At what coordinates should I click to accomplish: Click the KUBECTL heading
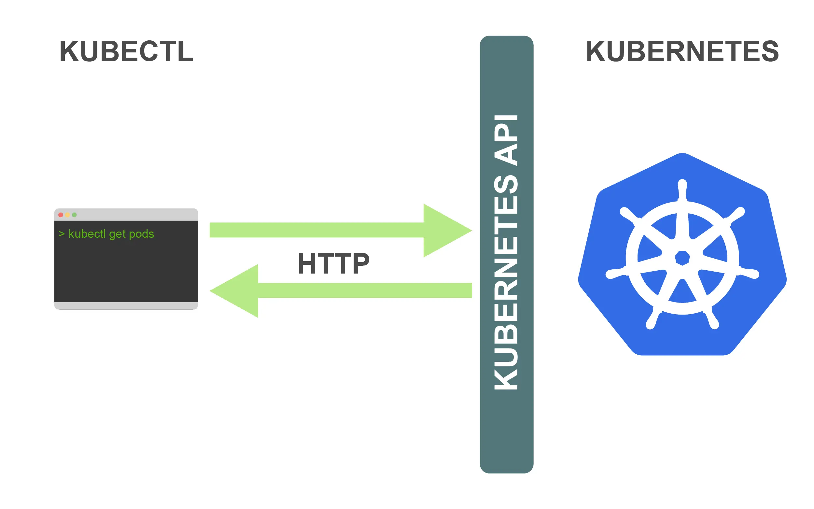(126, 51)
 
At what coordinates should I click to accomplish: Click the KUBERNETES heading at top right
(682, 51)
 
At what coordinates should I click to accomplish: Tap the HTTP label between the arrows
(333, 263)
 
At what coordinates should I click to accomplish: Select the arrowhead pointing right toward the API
(444, 230)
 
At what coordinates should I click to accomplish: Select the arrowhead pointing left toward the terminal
(237, 290)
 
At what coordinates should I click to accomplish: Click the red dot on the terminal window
(61, 215)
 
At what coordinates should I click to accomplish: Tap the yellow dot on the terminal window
(68, 215)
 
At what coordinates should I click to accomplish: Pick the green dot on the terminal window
(74, 215)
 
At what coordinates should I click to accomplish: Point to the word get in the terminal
(117, 234)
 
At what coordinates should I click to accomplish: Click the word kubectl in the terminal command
(87, 233)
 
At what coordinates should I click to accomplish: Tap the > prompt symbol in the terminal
(62, 233)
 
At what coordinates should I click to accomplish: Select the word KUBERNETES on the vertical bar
(506, 283)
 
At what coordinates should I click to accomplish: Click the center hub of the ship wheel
(682, 258)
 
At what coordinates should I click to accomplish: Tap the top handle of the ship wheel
(682, 189)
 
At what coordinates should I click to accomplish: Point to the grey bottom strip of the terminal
(126, 306)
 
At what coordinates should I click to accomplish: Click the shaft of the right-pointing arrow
(316, 230)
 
